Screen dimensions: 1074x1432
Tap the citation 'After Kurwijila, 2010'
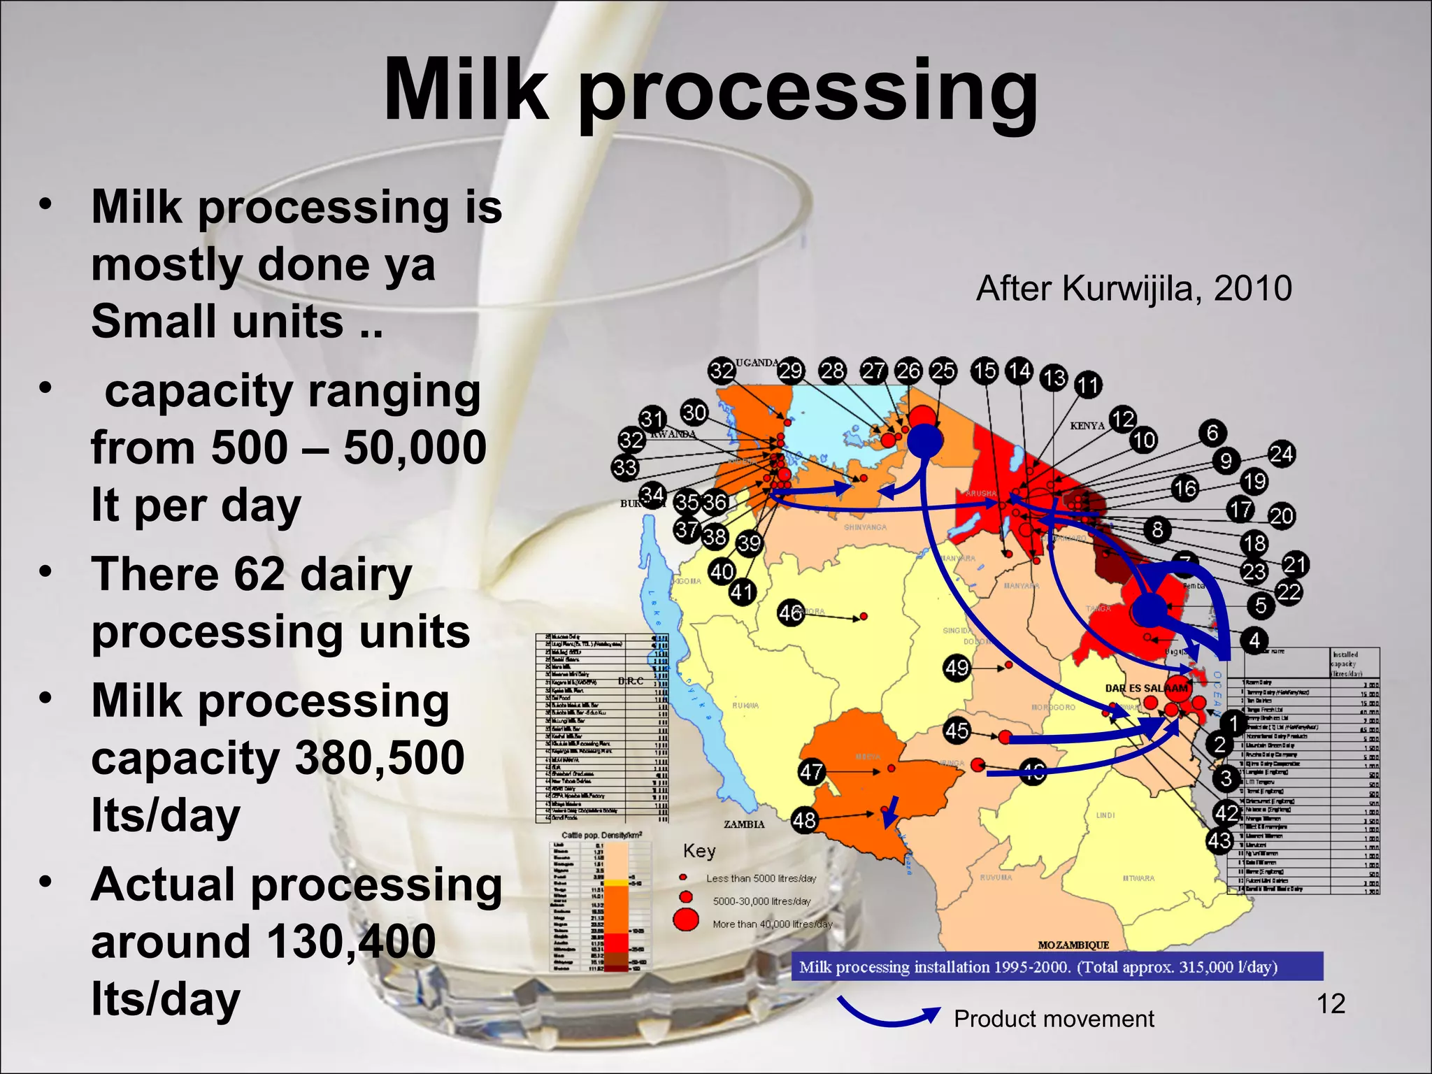1133,288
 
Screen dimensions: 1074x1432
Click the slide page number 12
1331,1004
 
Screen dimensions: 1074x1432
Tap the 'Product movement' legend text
1054,1019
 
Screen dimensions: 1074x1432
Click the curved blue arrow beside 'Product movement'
888,1012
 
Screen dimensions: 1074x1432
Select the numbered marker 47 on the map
811,772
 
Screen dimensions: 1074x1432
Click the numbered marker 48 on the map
804,819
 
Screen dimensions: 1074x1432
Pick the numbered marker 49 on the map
957,668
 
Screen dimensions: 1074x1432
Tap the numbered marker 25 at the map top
943,371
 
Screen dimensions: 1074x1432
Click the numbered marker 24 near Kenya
1281,454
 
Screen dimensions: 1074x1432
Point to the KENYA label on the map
1087,425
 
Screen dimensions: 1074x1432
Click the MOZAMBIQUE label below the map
1073,945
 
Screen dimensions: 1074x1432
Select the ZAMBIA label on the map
744,824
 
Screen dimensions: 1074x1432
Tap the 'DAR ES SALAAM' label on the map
1146,688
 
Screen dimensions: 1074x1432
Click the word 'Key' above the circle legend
699,851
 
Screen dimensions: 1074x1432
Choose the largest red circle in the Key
686,919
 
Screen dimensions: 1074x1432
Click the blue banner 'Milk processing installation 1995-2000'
1057,967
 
